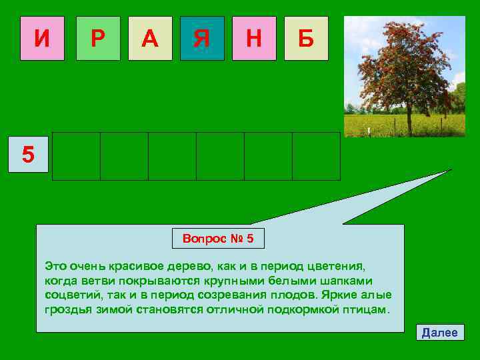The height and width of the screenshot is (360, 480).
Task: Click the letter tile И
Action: [42, 39]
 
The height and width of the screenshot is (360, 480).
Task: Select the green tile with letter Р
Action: [98, 39]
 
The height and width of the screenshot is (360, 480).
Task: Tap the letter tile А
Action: [150, 39]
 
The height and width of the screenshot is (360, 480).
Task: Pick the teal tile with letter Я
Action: [202, 39]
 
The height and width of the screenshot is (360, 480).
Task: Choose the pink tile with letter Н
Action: [254, 39]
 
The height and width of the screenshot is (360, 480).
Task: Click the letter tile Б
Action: [306, 39]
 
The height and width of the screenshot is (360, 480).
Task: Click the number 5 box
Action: [28, 155]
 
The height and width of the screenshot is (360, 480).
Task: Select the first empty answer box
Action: [76, 156]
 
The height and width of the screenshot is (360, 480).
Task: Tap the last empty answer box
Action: [316, 156]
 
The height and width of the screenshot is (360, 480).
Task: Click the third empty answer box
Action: [172, 156]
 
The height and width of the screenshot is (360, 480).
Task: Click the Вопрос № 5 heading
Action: [218, 238]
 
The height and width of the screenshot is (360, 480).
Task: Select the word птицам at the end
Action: [366, 310]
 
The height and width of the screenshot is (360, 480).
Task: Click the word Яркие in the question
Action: [341, 295]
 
